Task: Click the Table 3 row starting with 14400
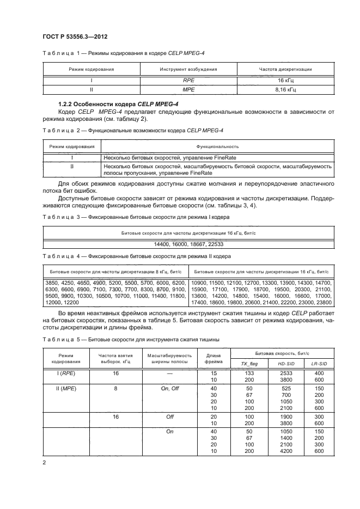pyautogui.click(x=188, y=243)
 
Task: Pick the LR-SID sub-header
pyautogui.click(x=319, y=363)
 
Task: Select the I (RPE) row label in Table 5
pyautogui.click(x=66, y=373)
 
